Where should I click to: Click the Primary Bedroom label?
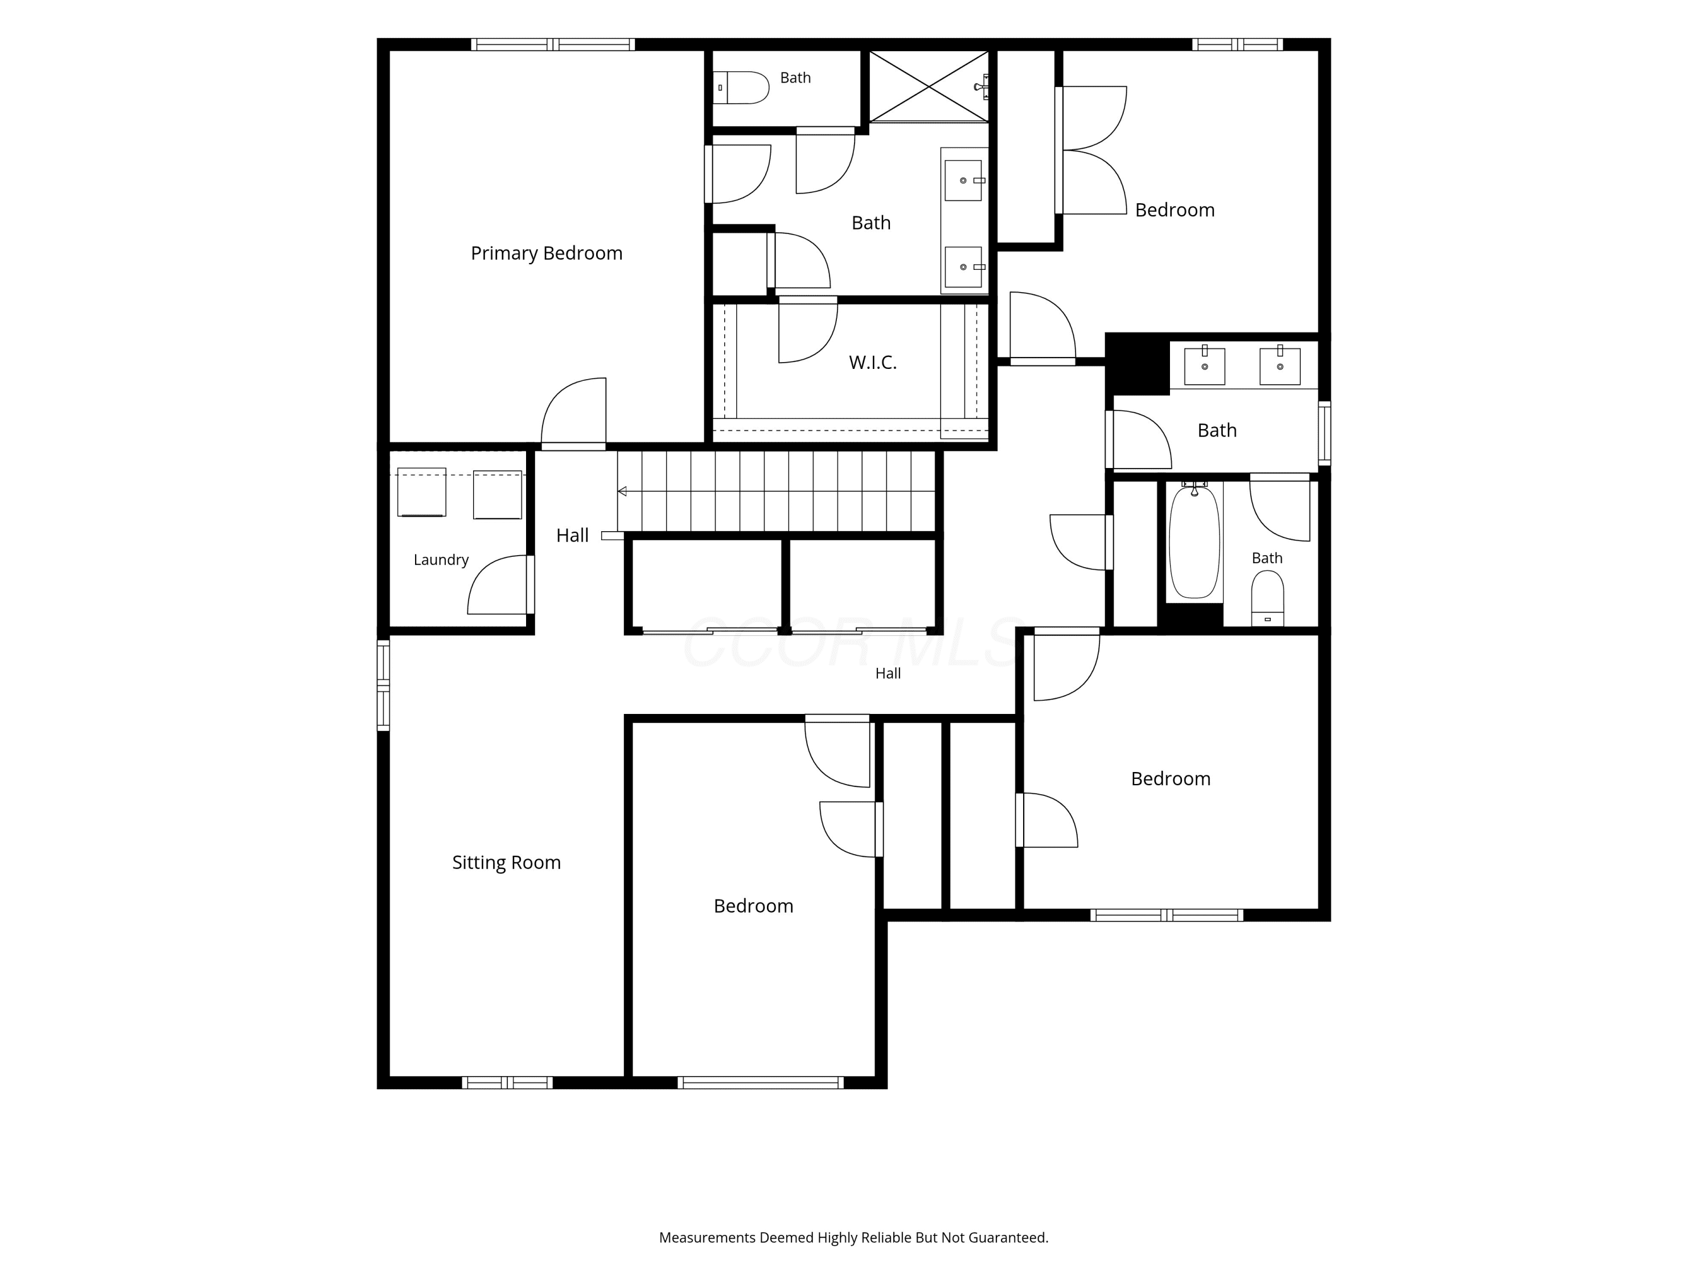(x=546, y=253)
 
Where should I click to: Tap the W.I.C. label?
(x=873, y=362)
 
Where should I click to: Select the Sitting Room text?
(x=507, y=863)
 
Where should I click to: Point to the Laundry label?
(x=441, y=560)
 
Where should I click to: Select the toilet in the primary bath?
(x=741, y=87)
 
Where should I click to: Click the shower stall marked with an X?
(x=929, y=86)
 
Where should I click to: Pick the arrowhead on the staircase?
(x=622, y=491)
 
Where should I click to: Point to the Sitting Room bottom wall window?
(x=507, y=1082)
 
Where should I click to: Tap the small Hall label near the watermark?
(x=888, y=674)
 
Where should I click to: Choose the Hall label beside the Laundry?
(x=572, y=535)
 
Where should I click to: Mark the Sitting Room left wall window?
(x=383, y=684)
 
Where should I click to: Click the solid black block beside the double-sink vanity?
(x=1138, y=364)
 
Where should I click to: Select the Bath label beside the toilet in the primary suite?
(x=795, y=78)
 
